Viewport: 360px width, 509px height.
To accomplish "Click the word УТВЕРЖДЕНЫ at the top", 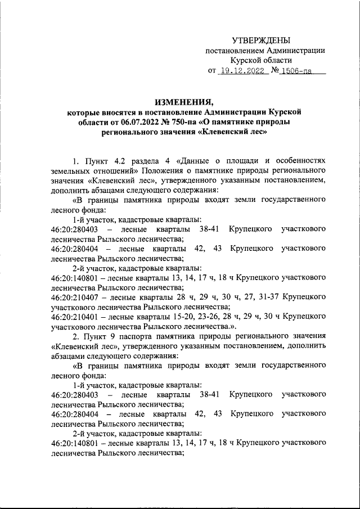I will [x=262, y=40].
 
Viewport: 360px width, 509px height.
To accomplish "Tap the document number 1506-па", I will [x=296, y=71].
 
